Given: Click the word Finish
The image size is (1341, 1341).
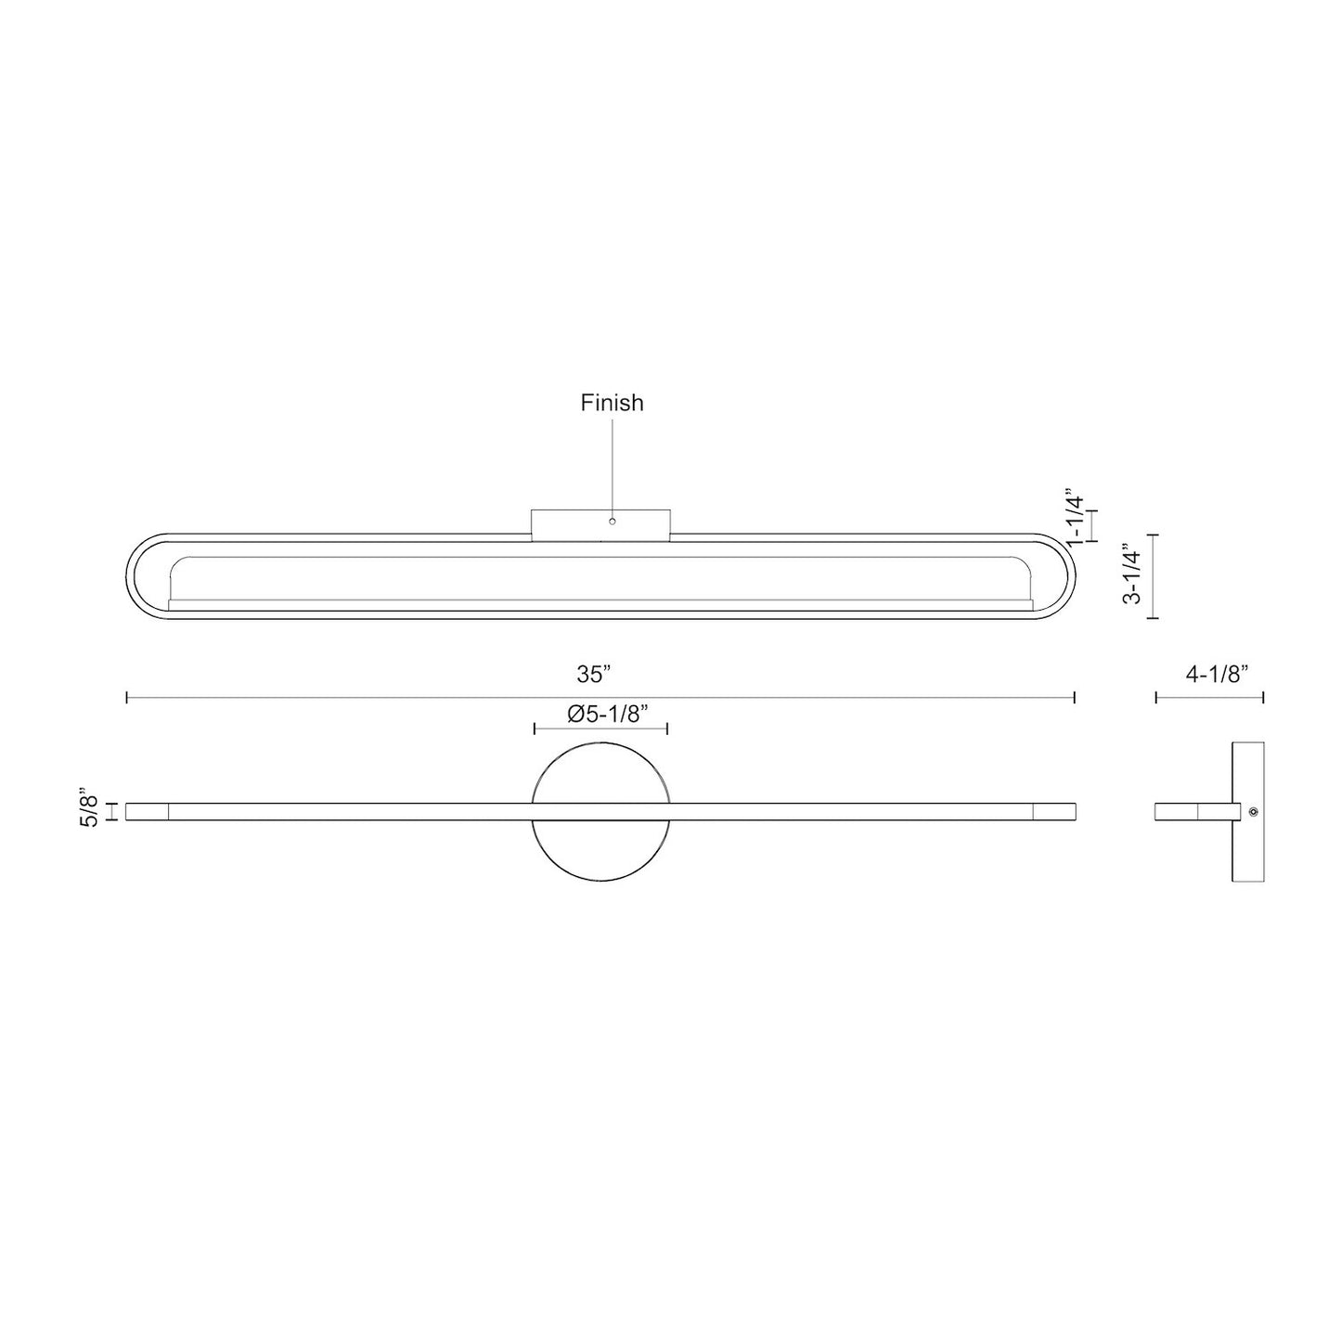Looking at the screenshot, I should tap(612, 403).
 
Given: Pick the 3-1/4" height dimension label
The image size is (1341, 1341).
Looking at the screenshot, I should tap(1131, 575).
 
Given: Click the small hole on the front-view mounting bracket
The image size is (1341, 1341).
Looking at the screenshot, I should tap(612, 522).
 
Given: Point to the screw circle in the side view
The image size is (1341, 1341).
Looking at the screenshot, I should tap(1254, 812).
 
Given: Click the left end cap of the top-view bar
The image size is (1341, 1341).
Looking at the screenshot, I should tap(147, 812).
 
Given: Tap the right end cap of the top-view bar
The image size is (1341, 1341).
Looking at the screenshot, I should tap(1053, 812).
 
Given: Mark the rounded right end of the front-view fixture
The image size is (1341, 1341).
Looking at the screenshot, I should tap(1060, 576).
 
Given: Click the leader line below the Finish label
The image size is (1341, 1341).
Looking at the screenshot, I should tap(612, 464).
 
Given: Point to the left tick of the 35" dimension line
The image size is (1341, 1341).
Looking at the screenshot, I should tap(127, 697).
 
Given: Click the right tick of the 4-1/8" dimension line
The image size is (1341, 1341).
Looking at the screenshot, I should tap(1263, 697).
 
